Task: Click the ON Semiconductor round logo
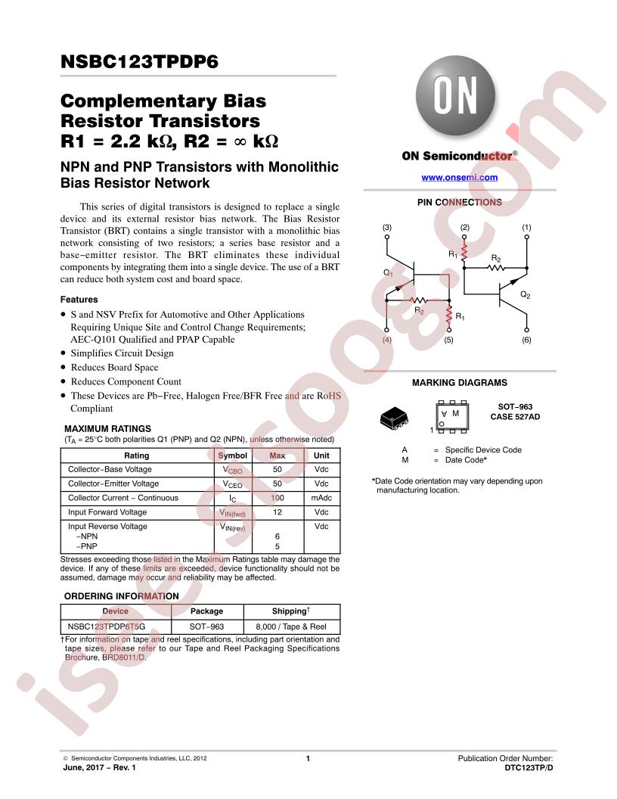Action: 455,95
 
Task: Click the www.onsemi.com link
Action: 459,177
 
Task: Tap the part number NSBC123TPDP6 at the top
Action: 139,61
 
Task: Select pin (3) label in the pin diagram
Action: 387,227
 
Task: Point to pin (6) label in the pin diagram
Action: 526,340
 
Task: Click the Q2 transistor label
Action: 526,295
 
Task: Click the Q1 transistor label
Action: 389,273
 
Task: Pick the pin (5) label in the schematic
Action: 448,340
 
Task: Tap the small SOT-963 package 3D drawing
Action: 394,418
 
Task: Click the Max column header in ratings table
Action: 277,455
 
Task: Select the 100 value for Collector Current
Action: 277,498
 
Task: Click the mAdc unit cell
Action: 321,498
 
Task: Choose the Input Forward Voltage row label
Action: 107,512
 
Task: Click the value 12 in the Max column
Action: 277,512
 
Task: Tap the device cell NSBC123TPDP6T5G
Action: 107,626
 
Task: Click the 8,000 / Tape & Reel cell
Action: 291,626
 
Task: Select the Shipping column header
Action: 290,611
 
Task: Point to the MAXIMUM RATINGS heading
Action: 108,428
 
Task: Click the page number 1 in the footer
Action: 308,758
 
